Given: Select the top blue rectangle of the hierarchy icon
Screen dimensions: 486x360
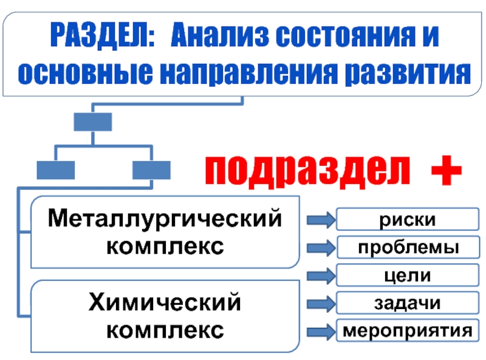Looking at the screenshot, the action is [x=92, y=121].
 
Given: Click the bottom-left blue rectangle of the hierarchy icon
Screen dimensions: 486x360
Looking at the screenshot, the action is [x=55, y=169].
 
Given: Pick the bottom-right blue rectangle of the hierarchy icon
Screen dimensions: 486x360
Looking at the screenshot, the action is [x=151, y=169].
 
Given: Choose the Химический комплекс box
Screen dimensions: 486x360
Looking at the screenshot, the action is [x=165, y=316].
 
